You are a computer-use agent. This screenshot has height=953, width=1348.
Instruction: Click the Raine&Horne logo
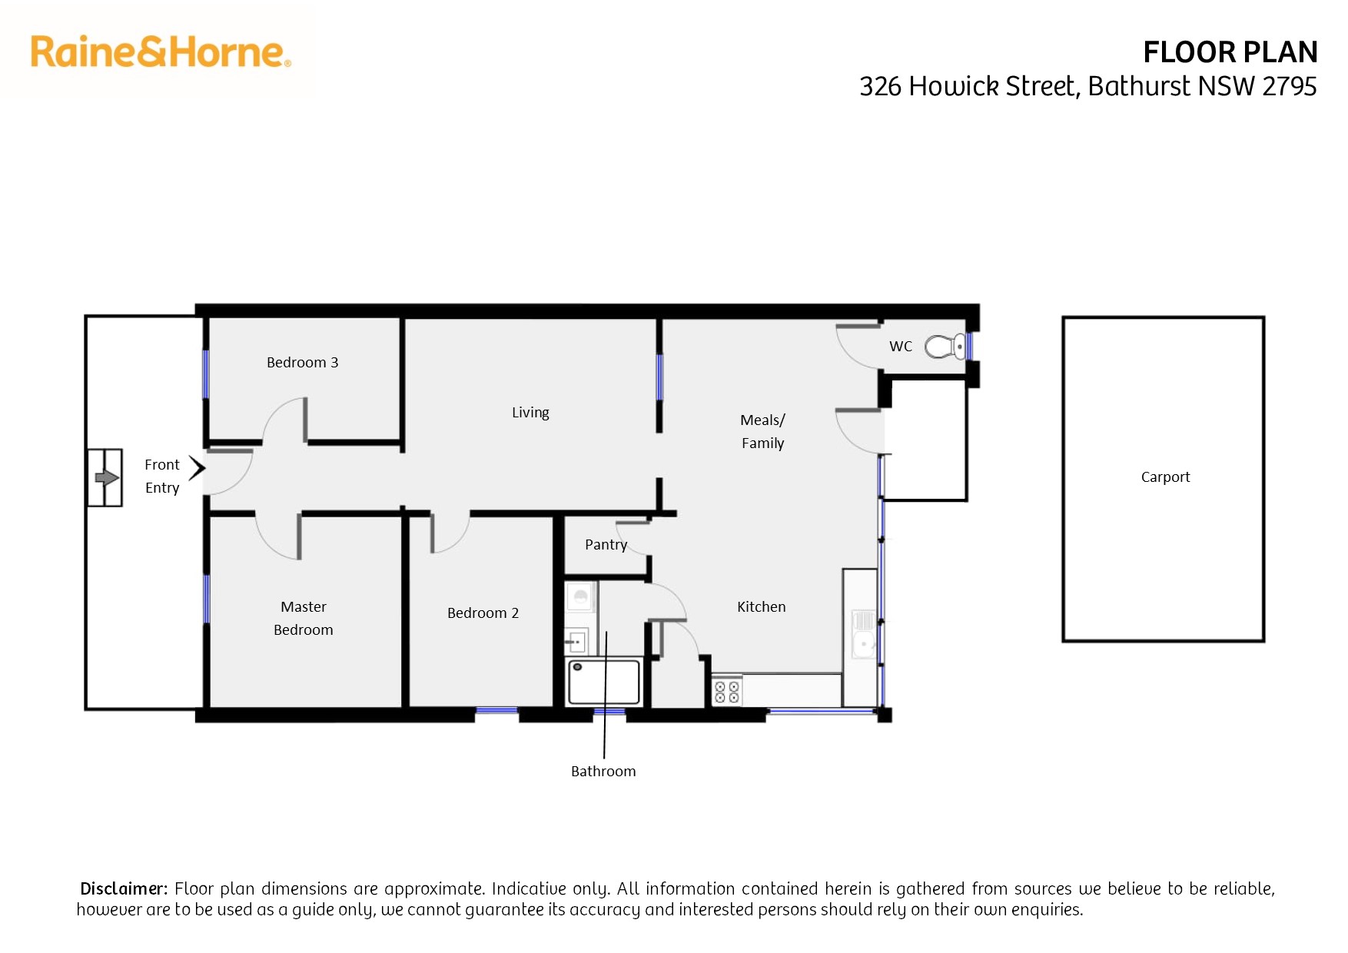tap(160, 52)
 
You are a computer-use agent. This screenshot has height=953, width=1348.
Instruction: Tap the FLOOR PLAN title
tap(1230, 52)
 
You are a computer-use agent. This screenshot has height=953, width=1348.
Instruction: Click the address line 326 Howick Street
tap(1087, 86)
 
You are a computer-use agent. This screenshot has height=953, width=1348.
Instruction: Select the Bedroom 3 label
tap(302, 362)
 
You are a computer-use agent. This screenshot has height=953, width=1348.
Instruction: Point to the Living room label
tap(530, 413)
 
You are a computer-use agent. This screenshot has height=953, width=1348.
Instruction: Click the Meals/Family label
tap(762, 431)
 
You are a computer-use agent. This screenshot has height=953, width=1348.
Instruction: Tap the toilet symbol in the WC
tap(945, 347)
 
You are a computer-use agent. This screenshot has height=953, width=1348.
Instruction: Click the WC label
tap(901, 347)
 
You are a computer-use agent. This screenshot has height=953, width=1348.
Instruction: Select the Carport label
tap(1165, 477)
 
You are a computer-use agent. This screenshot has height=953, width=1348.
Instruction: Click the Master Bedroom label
tap(304, 618)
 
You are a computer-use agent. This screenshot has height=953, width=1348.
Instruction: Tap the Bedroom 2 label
tap(483, 613)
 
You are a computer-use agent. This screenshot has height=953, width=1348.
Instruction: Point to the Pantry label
tap(606, 545)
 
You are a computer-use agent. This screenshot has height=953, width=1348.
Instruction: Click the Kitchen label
tap(761, 607)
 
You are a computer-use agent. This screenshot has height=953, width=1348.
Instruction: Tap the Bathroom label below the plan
tap(603, 772)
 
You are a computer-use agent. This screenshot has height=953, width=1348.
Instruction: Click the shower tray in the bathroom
tap(604, 682)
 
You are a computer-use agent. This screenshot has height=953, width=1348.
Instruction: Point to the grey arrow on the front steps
tap(106, 478)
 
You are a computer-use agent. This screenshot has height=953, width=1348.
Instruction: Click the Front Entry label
tap(162, 476)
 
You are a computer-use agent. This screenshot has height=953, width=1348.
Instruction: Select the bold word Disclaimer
tap(123, 889)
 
